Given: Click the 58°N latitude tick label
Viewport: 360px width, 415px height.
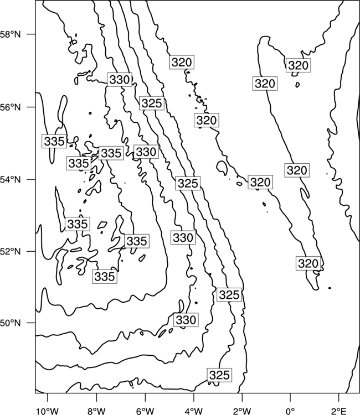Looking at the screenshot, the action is click(x=10, y=34).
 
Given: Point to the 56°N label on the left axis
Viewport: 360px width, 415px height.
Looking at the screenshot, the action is click(x=10, y=107).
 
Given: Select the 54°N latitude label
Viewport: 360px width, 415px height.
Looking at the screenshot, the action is click(x=10, y=179).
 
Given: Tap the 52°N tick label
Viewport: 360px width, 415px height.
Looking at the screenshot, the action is click(x=10, y=251).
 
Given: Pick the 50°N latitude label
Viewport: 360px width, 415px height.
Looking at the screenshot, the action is click(x=10, y=323).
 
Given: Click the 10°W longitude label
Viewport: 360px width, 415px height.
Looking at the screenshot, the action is click(x=48, y=411).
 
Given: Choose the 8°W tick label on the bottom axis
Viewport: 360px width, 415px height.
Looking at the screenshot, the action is click(x=96, y=411).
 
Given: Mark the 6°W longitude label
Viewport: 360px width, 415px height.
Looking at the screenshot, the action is click(x=145, y=411).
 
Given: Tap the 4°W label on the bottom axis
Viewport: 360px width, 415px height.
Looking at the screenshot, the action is click(x=194, y=411).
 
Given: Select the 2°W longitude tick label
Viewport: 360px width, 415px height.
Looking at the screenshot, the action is click(x=242, y=411).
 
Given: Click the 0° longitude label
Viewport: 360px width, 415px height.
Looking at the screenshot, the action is click(x=290, y=411).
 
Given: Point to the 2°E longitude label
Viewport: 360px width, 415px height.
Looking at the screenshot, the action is click(x=339, y=411).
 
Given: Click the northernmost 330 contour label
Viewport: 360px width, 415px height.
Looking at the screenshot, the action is click(x=120, y=79).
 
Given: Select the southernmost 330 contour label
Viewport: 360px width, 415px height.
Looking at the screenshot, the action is click(x=186, y=320).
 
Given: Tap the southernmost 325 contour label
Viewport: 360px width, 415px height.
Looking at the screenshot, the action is click(x=219, y=375).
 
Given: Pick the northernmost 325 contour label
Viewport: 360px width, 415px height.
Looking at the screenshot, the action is click(x=152, y=103).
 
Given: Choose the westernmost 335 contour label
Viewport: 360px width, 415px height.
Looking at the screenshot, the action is click(x=54, y=141).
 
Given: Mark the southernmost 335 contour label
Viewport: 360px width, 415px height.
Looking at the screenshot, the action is click(x=105, y=277).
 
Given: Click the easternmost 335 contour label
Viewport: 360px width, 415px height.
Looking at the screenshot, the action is click(x=137, y=241).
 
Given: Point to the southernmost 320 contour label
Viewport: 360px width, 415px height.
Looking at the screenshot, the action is click(x=308, y=263).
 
